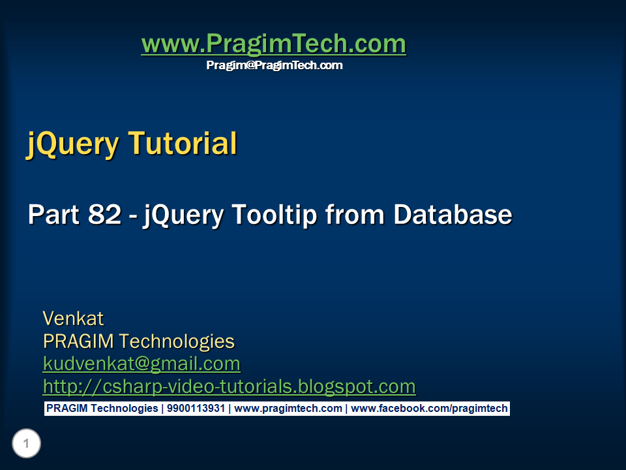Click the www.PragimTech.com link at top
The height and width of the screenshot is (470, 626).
pos(273,44)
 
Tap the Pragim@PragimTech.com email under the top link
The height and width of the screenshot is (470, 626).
pos(274,65)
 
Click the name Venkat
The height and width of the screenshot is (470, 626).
pos(73,319)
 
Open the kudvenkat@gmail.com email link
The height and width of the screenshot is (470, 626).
pos(142,364)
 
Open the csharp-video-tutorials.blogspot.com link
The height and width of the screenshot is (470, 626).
pos(229,386)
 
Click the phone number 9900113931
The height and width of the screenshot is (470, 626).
pos(196,409)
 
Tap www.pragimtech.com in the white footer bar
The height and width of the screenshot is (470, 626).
pos(288,409)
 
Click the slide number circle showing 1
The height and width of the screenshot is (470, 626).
pos(27,445)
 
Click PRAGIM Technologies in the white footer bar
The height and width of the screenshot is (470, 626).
pos(102,409)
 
